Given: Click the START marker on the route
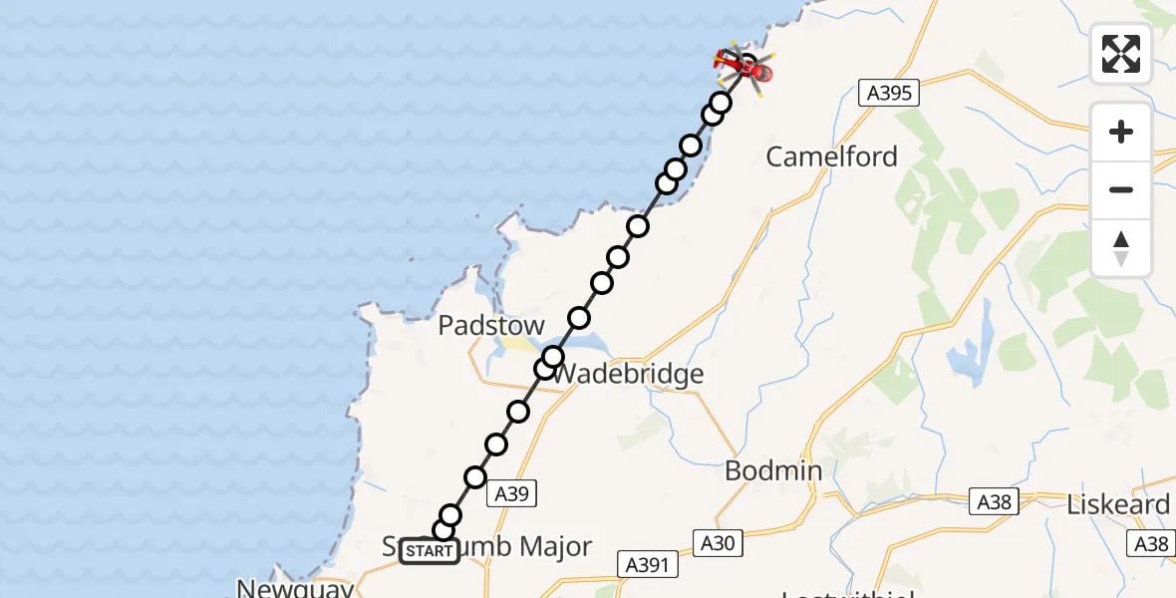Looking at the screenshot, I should (430, 551).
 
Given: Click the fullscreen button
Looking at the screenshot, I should (1121, 54).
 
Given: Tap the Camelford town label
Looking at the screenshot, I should (831, 156).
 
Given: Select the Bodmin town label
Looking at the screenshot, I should (773, 470).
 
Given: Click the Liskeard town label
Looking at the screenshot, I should (1118, 504).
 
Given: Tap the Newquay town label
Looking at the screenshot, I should (295, 589).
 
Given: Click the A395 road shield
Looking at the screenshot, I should (888, 94).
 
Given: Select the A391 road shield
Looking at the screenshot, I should (648, 564).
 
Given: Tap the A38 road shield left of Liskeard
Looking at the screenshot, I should (996, 502).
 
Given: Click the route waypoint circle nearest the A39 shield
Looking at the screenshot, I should (475, 477).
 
